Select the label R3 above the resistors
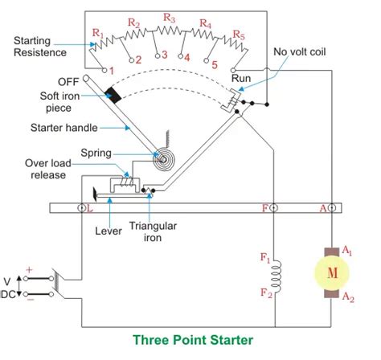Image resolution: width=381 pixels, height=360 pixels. coord(169,17)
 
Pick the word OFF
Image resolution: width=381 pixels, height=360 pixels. coord(68,81)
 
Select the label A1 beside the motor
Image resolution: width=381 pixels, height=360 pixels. coord(347,251)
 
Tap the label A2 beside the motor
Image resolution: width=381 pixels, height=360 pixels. coord(347,297)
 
